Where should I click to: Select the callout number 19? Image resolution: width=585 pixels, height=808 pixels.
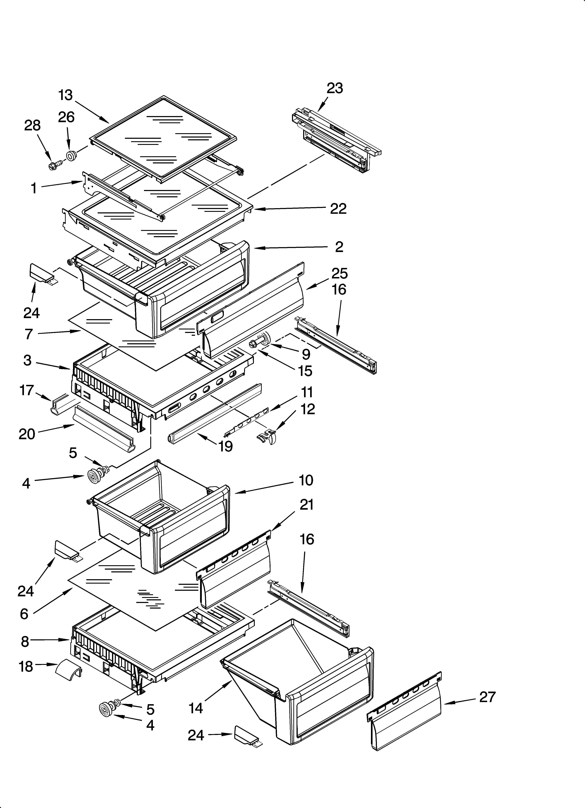coord(226,446)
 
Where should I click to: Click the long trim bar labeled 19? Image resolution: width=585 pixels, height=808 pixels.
coord(214,411)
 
